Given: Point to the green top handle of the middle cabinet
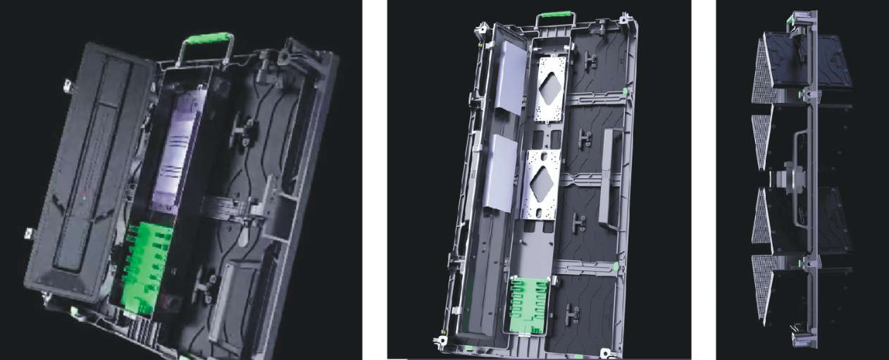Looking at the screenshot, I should [x=554, y=15].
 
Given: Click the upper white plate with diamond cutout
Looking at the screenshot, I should [x=550, y=89].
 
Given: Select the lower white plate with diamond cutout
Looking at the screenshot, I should [x=540, y=182].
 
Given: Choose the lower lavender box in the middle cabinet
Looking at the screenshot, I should [x=499, y=173].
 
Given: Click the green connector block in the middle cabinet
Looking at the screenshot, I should [x=528, y=304].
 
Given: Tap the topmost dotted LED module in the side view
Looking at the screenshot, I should [x=763, y=71].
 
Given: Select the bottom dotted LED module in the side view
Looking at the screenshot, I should [x=761, y=290].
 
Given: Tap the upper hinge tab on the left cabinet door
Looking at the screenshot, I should [x=68, y=86].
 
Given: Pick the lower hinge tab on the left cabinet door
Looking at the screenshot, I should [x=30, y=232].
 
